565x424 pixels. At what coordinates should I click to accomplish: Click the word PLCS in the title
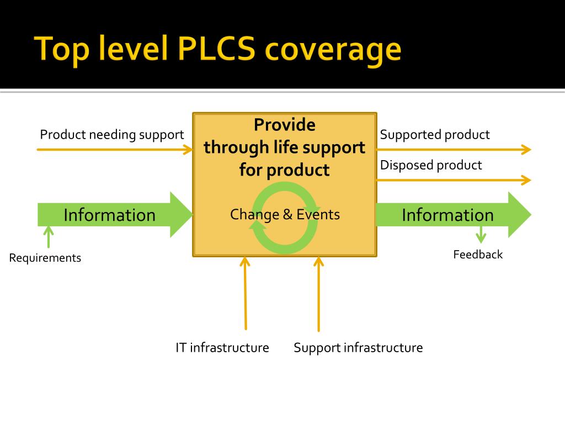(216, 50)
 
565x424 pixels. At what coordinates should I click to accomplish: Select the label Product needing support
(111, 135)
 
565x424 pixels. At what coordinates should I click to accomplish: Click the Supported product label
(435, 135)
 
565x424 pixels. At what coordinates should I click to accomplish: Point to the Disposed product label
(431, 165)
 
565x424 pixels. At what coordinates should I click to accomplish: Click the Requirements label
(45, 258)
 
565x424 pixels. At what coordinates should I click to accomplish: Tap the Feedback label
(478, 255)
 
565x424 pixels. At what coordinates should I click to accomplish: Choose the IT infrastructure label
(222, 348)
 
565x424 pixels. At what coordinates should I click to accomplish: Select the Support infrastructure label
(358, 348)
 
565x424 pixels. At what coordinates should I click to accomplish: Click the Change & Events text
(285, 214)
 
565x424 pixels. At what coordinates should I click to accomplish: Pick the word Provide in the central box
(285, 125)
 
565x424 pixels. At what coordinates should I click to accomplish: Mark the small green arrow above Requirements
(49, 237)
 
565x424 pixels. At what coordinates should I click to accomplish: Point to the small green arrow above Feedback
(481, 234)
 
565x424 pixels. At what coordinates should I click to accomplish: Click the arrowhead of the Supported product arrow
(526, 149)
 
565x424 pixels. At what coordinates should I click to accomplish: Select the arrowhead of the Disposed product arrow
(526, 180)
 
